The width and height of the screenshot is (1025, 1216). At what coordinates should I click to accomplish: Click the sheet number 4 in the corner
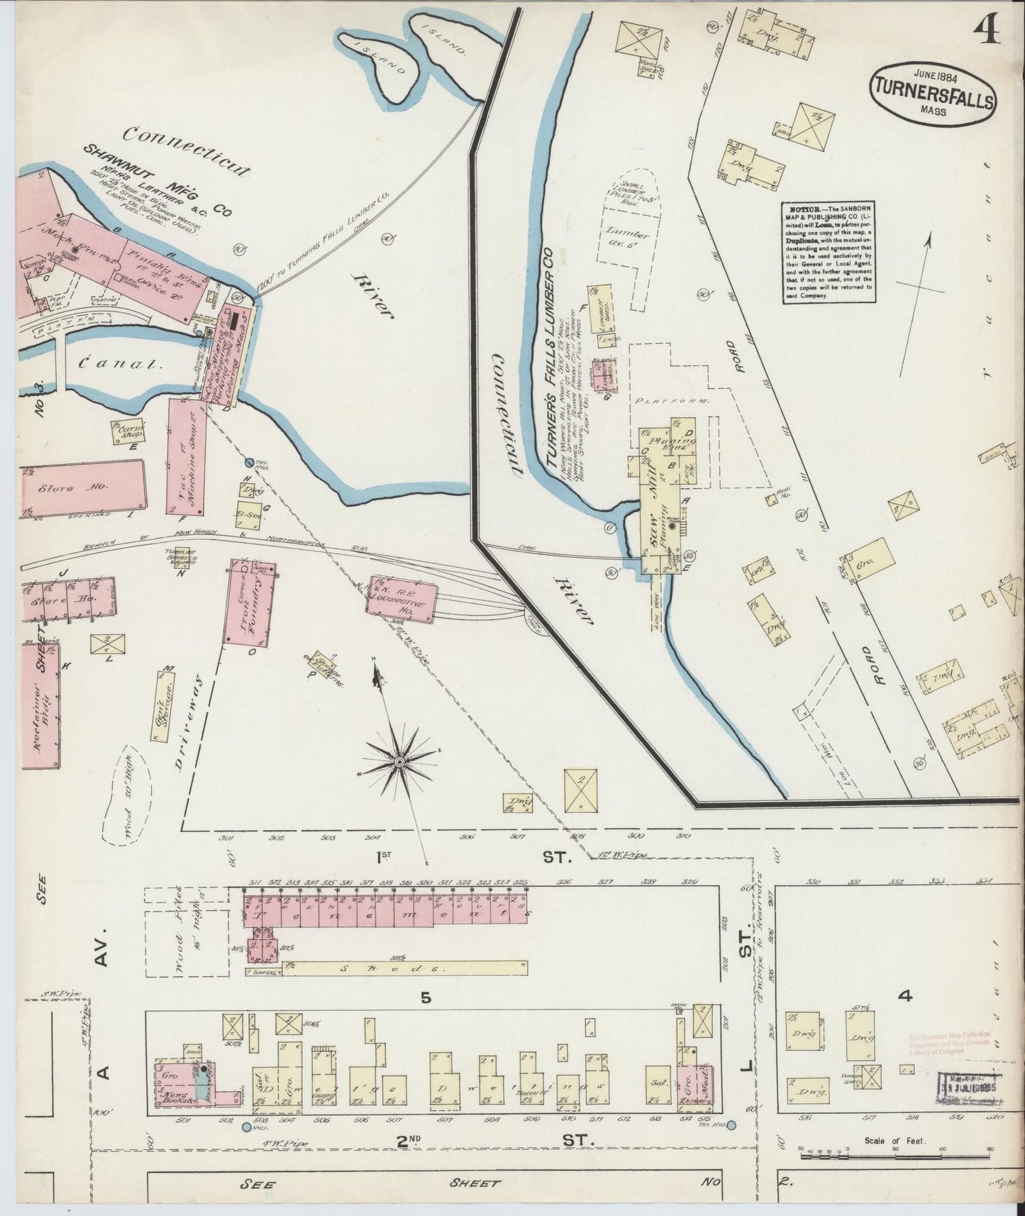(986, 29)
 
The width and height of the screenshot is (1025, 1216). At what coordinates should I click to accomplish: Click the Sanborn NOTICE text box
(828, 252)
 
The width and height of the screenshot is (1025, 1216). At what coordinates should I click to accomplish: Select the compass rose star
(399, 761)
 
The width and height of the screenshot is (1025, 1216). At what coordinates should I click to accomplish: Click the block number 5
(426, 997)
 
